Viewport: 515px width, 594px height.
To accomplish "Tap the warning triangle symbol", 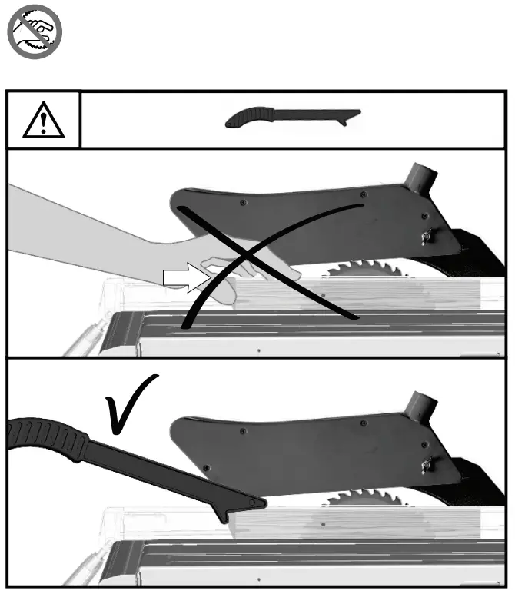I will [x=44, y=119].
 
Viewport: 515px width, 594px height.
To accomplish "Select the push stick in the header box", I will [x=292, y=118].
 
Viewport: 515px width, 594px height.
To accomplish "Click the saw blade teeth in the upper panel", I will [x=361, y=269].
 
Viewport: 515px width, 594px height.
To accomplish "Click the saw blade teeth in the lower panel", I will [x=361, y=497].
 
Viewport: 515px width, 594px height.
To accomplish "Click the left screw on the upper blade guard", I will [x=243, y=203].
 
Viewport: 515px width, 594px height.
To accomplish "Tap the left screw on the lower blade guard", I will [x=243, y=432].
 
